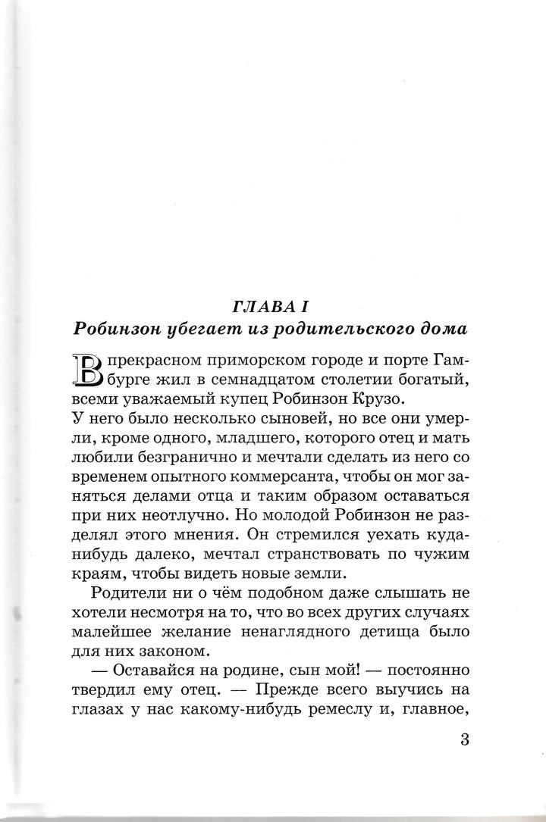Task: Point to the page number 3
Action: [465, 739]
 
